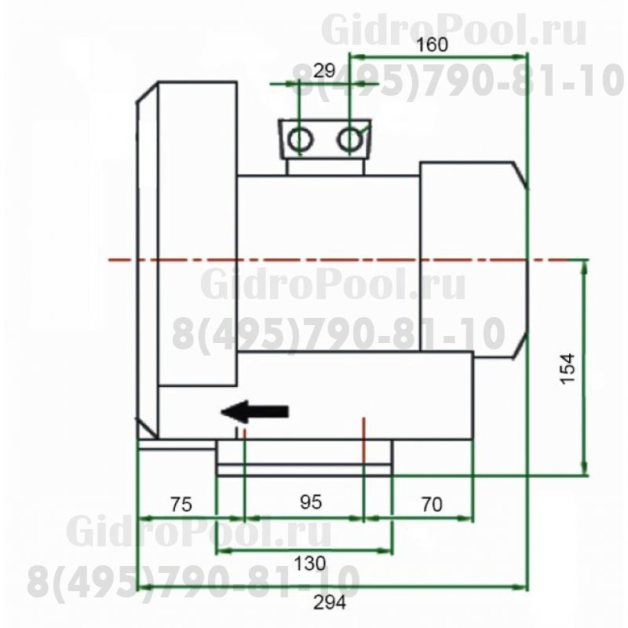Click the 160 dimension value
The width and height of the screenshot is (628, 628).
coord(432,45)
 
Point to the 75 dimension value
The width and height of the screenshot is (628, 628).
coord(180,505)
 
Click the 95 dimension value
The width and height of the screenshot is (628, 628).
coord(311,503)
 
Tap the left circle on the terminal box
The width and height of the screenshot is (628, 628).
coord(300,140)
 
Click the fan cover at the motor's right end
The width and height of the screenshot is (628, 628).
coord(471,259)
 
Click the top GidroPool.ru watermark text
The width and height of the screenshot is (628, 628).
coord(455,31)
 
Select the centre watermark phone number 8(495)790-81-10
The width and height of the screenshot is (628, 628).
coord(338,334)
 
